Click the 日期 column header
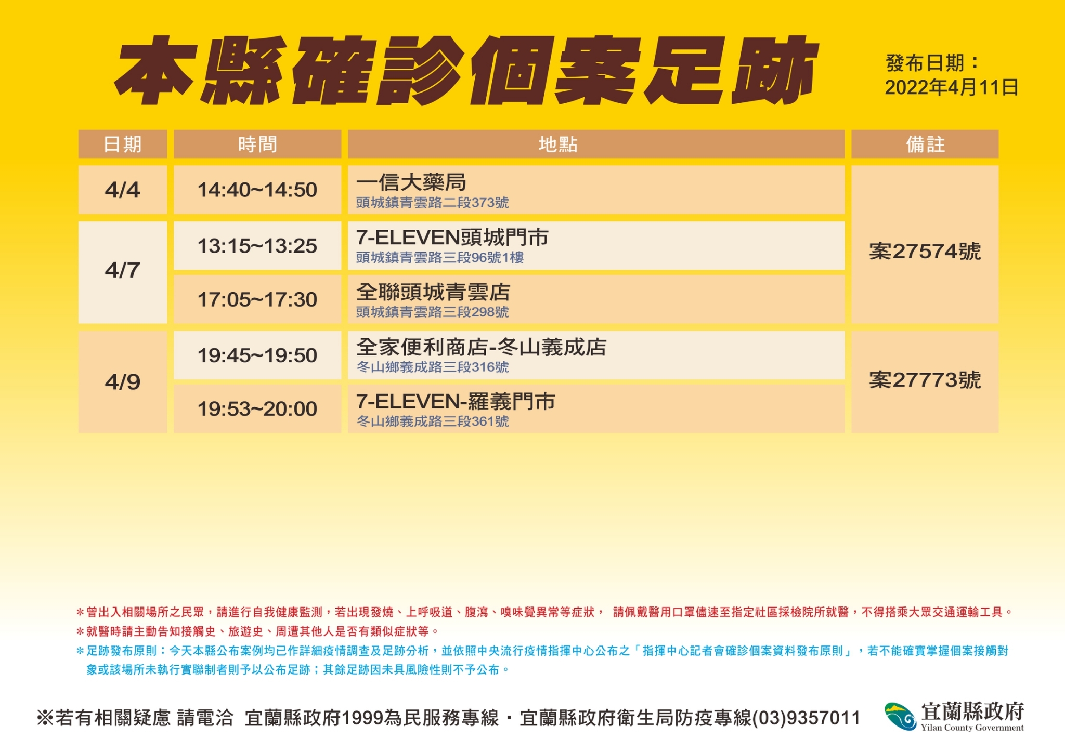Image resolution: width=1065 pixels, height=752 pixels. tap(122, 144)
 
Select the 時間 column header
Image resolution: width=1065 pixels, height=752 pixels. tap(257, 144)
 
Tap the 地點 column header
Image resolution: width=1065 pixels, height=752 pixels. tap(558, 144)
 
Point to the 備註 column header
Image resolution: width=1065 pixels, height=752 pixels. tap(925, 144)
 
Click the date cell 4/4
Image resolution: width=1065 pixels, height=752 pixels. tap(122, 190)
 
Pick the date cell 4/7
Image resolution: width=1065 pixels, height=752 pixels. tap(122, 270)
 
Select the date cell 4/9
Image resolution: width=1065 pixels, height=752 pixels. tap(122, 382)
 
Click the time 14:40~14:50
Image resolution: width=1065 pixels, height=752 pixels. tap(257, 190)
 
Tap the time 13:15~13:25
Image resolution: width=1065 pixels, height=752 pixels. tap(257, 246)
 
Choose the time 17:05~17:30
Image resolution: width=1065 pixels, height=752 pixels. tap(257, 300)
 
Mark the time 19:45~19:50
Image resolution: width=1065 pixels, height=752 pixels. tap(257, 355)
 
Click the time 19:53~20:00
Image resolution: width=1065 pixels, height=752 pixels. tap(257, 409)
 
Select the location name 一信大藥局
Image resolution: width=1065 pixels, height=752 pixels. tap(411, 182)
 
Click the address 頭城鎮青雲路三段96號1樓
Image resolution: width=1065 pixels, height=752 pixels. tap(440, 257)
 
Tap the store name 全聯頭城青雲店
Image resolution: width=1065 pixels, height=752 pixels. tap(433, 292)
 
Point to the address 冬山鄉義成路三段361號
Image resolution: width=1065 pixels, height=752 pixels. tap(433, 421)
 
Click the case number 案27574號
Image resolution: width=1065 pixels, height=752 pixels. tap(925, 252)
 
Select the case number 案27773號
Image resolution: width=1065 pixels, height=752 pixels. tap(925, 380)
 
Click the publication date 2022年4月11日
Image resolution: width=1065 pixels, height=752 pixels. tap(952, 87)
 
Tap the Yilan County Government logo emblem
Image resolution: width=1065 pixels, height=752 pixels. tap(901, 716)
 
